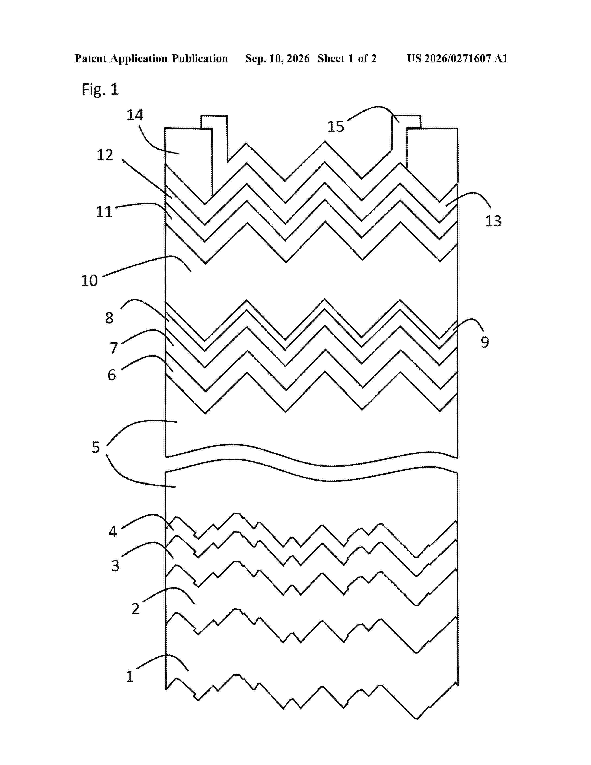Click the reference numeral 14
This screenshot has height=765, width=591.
[135, 115]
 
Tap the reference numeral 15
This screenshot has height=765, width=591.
[336, 126]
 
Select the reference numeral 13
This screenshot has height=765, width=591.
[493, 221]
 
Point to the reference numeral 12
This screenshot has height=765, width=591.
[105, 155]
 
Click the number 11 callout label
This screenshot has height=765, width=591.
[104, 212]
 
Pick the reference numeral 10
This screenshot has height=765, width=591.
[89, 280]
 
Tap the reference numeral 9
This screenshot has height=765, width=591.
[485, 342]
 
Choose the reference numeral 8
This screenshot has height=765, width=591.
[109, 318]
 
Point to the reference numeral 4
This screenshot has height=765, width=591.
[112, 532]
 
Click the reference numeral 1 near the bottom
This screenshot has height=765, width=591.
[130, 676]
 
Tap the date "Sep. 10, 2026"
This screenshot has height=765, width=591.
[278, 58]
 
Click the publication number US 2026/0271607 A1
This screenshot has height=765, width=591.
[457, 58]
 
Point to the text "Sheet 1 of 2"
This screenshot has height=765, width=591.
[347, 58]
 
